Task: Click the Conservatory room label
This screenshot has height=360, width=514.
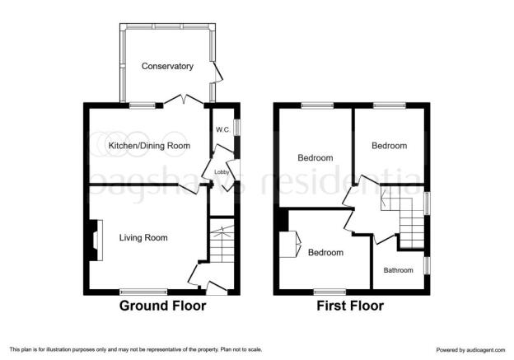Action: pos(167,66)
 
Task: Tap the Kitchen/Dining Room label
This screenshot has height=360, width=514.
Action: pos(149,146)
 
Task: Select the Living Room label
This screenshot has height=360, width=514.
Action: pos(143,238)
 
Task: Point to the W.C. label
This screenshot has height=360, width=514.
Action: pos(223,130)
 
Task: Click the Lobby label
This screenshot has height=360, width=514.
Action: pos(222,172)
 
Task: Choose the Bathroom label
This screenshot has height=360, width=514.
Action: pos(399,270)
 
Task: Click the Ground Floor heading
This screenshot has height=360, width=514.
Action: pos(162,306)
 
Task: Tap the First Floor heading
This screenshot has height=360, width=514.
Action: pos(350,306)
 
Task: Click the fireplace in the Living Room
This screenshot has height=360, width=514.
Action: pos(96,241)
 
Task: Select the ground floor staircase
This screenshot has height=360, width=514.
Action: pos(222,244)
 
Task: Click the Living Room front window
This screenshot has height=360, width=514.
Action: pos(143,292)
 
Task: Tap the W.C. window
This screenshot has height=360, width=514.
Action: pos(238,127)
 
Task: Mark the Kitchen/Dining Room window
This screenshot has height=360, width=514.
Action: pos(142,105)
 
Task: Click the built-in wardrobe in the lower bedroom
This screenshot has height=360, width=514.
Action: pos(290,245)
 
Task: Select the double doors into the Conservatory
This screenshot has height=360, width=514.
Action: pos(184,100)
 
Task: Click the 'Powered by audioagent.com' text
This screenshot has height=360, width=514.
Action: pos(470,350)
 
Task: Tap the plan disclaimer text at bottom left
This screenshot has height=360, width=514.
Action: pos(136,349)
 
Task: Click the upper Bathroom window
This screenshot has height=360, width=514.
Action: pos(428,203)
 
